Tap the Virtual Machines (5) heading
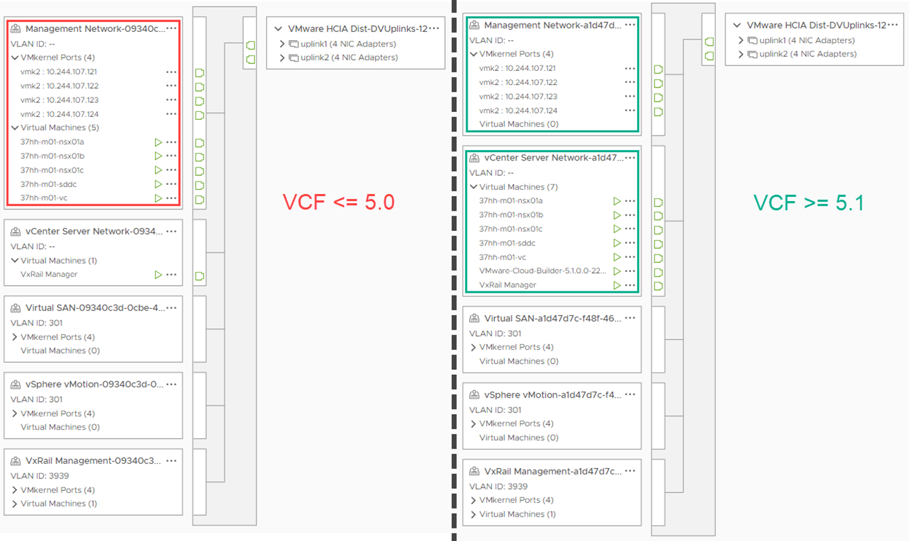[60, 128]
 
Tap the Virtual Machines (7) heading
[518, 187]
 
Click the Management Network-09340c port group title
[95, 29]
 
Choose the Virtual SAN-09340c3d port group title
[95, 308]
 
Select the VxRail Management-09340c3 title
[93, 461]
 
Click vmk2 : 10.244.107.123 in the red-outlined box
[59, 100]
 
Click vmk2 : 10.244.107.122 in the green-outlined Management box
[518, 83]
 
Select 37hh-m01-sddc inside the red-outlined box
[49, 184]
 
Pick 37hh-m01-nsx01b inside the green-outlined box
[511, 215]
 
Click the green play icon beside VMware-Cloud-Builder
[616, 271]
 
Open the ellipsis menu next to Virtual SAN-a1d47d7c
[630, 318]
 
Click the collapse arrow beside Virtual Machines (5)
[15, 128]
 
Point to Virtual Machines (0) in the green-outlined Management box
[518, 124]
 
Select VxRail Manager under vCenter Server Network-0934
[49, 275]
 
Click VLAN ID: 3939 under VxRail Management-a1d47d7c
[498, 487]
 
